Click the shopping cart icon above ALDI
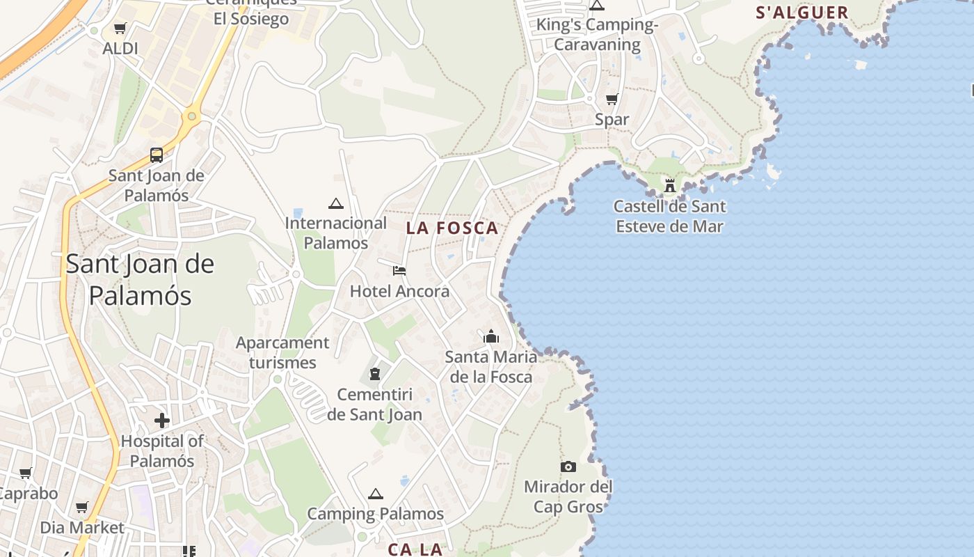click(x=120, y=29)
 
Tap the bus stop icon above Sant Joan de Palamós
click(x=157, y=155)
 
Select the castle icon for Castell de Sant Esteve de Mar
click(x=670, y=186)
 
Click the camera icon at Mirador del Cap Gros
click(x=568, y=466)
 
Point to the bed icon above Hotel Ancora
click(x=399, y=270)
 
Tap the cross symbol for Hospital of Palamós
click(x=162, y=421)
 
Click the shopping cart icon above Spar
click(x=612, y=99)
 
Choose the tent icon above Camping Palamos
click(x=376, y=494)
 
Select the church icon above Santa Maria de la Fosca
click(x=491, y=337)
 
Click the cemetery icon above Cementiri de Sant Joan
click(x=376, y=374)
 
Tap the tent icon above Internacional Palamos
click(x=336, y=203)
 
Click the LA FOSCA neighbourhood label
click(x=452, y=228)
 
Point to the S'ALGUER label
click(x=802, y=13)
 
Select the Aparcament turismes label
click(x=282, y=352)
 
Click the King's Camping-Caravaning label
click(x=597, y=35)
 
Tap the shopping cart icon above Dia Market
click(x=82, y=507)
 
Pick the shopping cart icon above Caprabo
click(x=26, y=473)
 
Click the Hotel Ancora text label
click(x=399, y=291)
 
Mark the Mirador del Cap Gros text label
click(x=568, y=496)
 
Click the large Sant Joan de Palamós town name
click(x=140, y=279)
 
